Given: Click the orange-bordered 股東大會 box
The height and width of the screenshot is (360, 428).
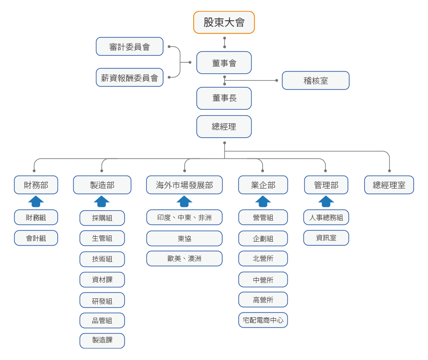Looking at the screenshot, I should click(224, 22).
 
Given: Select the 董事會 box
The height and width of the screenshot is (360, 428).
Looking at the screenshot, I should click(224, 63).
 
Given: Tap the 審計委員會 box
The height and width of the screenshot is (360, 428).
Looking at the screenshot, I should click(130, 47).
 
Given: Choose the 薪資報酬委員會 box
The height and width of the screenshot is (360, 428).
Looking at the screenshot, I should click(130, 77).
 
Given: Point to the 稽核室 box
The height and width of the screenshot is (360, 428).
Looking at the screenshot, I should click(315, 81).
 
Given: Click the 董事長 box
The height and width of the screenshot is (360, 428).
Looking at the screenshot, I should click(224, 98).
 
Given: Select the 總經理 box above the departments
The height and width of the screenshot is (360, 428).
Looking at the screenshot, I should click(224, 126).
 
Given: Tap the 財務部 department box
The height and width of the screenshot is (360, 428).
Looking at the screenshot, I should click(36, 185).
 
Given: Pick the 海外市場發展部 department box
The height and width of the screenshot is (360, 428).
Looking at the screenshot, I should click(184, 185).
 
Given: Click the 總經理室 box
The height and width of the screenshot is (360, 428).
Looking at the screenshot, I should click(389, 185).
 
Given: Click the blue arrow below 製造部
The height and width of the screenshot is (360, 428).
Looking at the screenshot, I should click(102, 201).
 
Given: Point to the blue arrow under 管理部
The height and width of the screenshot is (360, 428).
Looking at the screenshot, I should click(326, 201).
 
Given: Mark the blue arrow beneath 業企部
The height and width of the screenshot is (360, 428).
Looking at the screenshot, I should click(263, 201).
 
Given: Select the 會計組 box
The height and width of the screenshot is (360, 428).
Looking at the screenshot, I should click(36, 238).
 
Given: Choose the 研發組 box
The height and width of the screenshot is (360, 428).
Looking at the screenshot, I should click(102, 300).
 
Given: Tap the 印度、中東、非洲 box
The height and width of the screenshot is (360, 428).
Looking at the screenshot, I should click(184, 217).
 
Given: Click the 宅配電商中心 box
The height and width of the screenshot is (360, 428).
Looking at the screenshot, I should click(263, 320).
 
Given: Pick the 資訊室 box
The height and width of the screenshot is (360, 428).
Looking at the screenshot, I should click(326, 238).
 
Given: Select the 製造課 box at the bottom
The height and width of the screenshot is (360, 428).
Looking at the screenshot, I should click(102, 340).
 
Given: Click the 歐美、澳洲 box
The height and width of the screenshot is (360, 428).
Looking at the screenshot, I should click(184, 258).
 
